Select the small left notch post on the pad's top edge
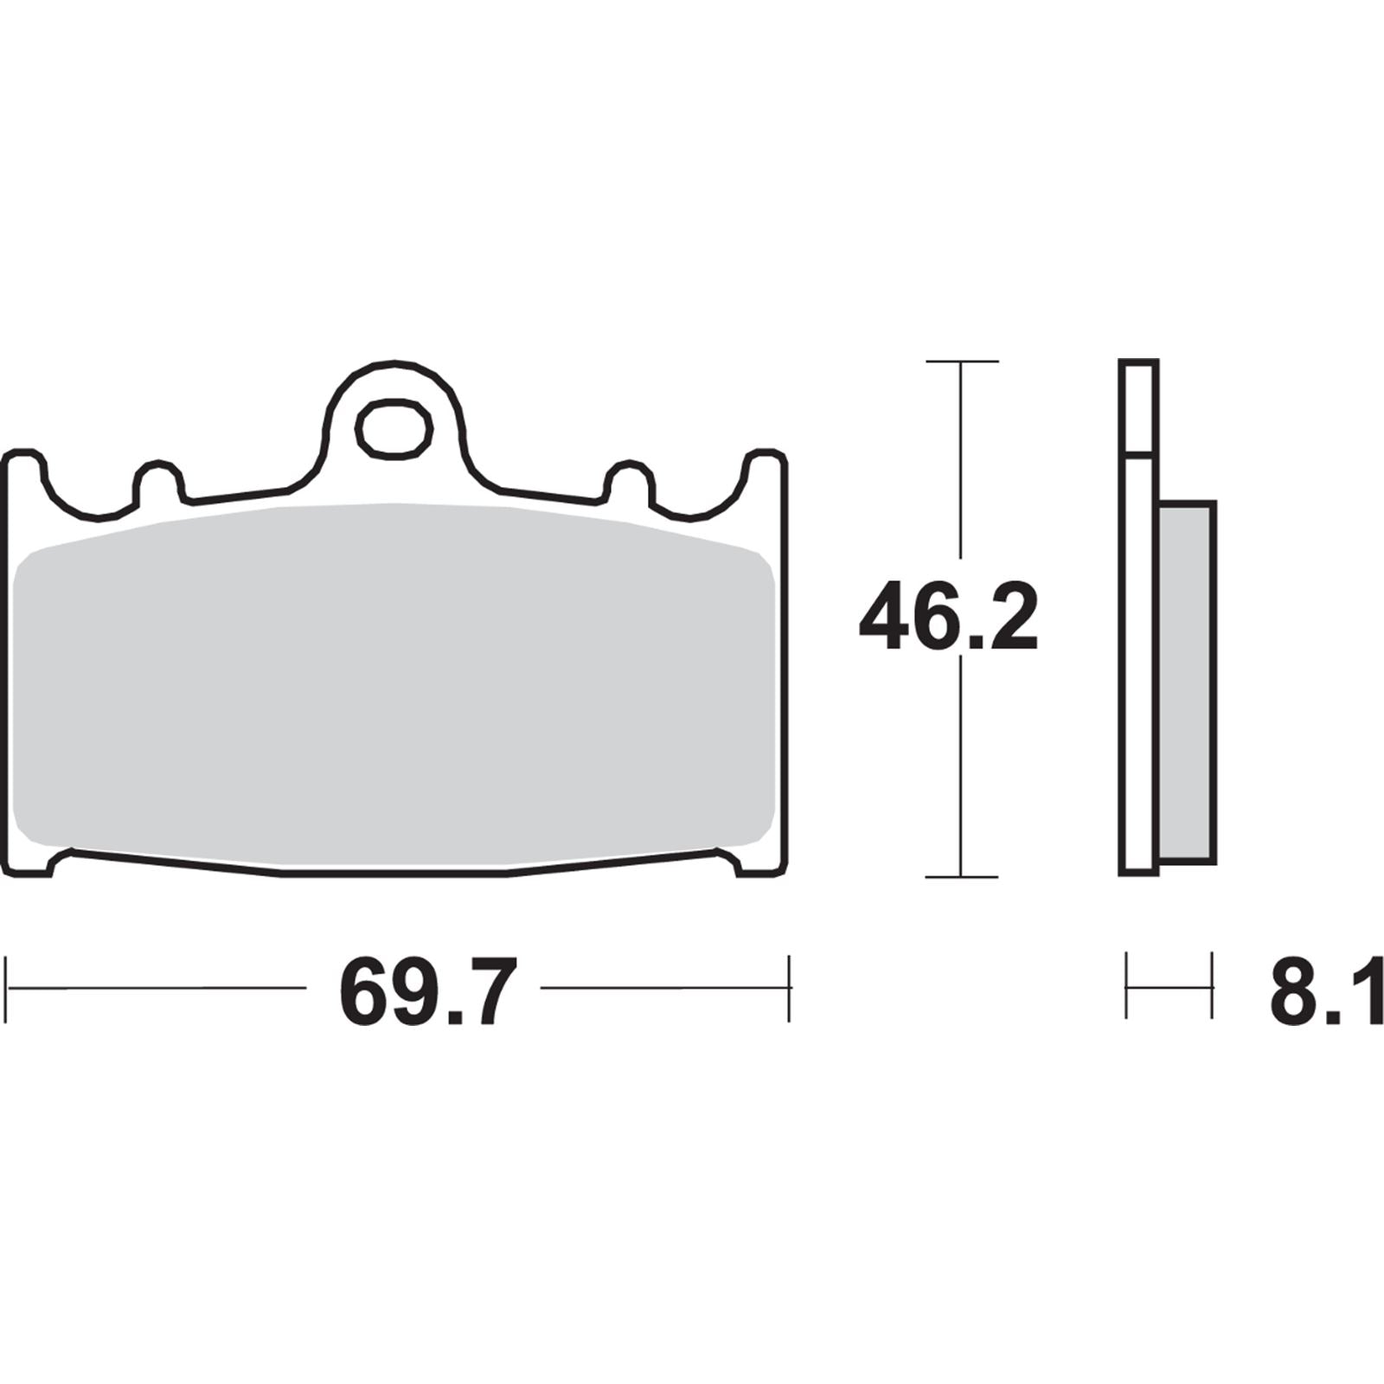[x=158, y=481]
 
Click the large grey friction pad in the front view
[x=394, y=683]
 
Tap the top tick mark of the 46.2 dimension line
[x=961, y=361]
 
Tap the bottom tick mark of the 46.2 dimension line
[x=961, y=876]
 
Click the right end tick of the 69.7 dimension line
[x=789, y=988]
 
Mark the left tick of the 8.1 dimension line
[x=1127, y=985]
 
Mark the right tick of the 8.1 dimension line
[x=1211, y=985]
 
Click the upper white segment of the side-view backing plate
[x=1137, y=407]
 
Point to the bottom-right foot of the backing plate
[x=761, y=864]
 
